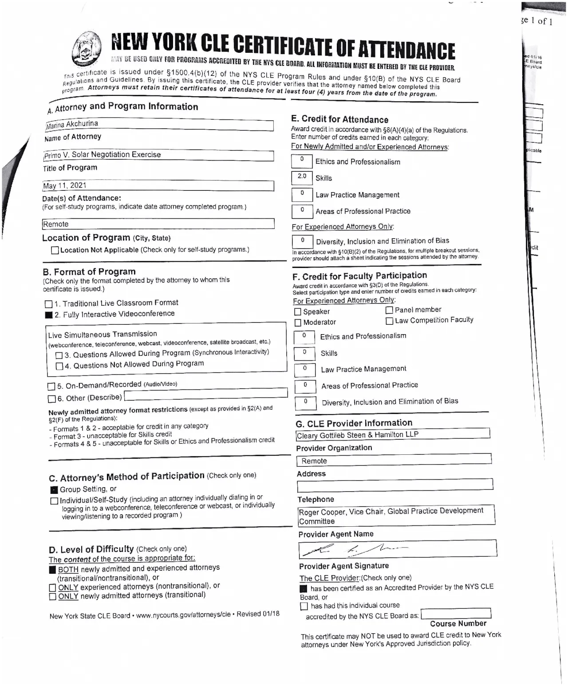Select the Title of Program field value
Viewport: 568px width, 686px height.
pos(103,155)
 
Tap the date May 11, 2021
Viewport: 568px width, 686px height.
pos(65,185)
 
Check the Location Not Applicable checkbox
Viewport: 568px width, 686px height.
pos(55,250)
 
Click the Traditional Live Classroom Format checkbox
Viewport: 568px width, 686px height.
pos(48,304)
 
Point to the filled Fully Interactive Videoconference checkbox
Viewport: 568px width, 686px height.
pos(48,315)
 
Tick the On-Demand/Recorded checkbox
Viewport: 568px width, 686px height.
pos(51,386)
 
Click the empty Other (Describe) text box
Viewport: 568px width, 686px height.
pos(206,394)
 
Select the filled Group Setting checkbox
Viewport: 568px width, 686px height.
pos(54,490)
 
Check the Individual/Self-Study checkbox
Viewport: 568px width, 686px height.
pos(54,501)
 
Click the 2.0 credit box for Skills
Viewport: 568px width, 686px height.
pos(302,177)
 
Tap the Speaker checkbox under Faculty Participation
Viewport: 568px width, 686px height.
pos(298,312)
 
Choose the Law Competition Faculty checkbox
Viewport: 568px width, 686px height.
pos(389,321)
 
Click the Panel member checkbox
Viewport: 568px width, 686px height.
pos(389,310)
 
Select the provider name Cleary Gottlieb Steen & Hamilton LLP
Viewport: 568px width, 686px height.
pos(358,435)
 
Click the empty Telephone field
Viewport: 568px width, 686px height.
pos(395,484)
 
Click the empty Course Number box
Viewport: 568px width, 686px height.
pos(456,614)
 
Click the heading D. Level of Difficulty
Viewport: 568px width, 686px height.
pos(91,549)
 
